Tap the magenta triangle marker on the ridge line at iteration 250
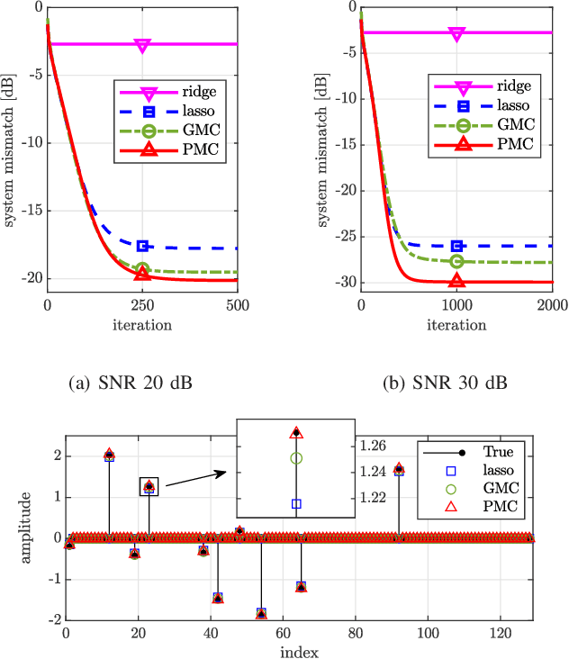(142, 45)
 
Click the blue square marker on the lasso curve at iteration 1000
(456, 245)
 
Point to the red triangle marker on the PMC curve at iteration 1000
(456, 281)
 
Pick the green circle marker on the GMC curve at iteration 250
(142, 269)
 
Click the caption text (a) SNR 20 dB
(132, 381)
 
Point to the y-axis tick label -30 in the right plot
(344, 283)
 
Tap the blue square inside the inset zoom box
(296, 503)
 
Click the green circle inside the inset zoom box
(296, 458)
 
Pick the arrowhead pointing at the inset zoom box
(228, 470)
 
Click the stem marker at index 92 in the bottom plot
(399, 469)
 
